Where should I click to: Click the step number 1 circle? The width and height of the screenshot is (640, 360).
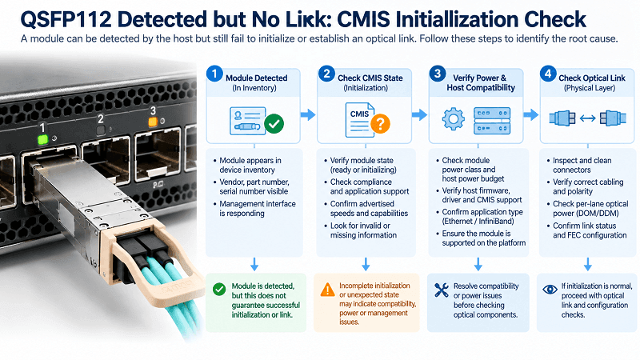click(214, 74)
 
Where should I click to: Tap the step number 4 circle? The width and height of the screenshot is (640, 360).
click(548, 74)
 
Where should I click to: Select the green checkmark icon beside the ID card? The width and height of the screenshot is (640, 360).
click(274, 123)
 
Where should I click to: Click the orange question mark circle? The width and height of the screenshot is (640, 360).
click(380, 123)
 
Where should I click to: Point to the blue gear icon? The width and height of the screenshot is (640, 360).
click(453, 119)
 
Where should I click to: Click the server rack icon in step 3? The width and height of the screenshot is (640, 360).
click(492, 121)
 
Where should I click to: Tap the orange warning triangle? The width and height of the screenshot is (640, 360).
click(327, 290)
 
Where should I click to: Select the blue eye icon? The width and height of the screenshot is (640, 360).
click(550, 290)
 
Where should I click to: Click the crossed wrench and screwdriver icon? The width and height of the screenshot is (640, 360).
click(442, 290)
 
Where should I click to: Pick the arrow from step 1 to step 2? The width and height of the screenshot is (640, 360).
click(308, 114)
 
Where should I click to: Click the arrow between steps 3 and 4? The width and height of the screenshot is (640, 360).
click(531, 114)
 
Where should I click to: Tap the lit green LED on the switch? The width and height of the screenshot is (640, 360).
click(42, 140)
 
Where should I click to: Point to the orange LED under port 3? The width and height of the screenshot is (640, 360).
click(153, 122)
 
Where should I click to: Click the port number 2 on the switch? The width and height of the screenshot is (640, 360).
click(101, 118)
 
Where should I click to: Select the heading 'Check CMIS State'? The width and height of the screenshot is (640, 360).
click(370, 78)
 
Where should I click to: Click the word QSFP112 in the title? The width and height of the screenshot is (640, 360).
click(66, 19)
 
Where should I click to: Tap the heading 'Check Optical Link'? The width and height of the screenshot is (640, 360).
click(592, 78)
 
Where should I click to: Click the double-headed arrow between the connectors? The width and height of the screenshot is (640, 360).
click(588, 118)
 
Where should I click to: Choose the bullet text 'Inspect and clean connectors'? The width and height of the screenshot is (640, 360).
click(582, 165)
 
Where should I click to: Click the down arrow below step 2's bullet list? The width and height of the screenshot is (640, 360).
click(366, 264)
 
